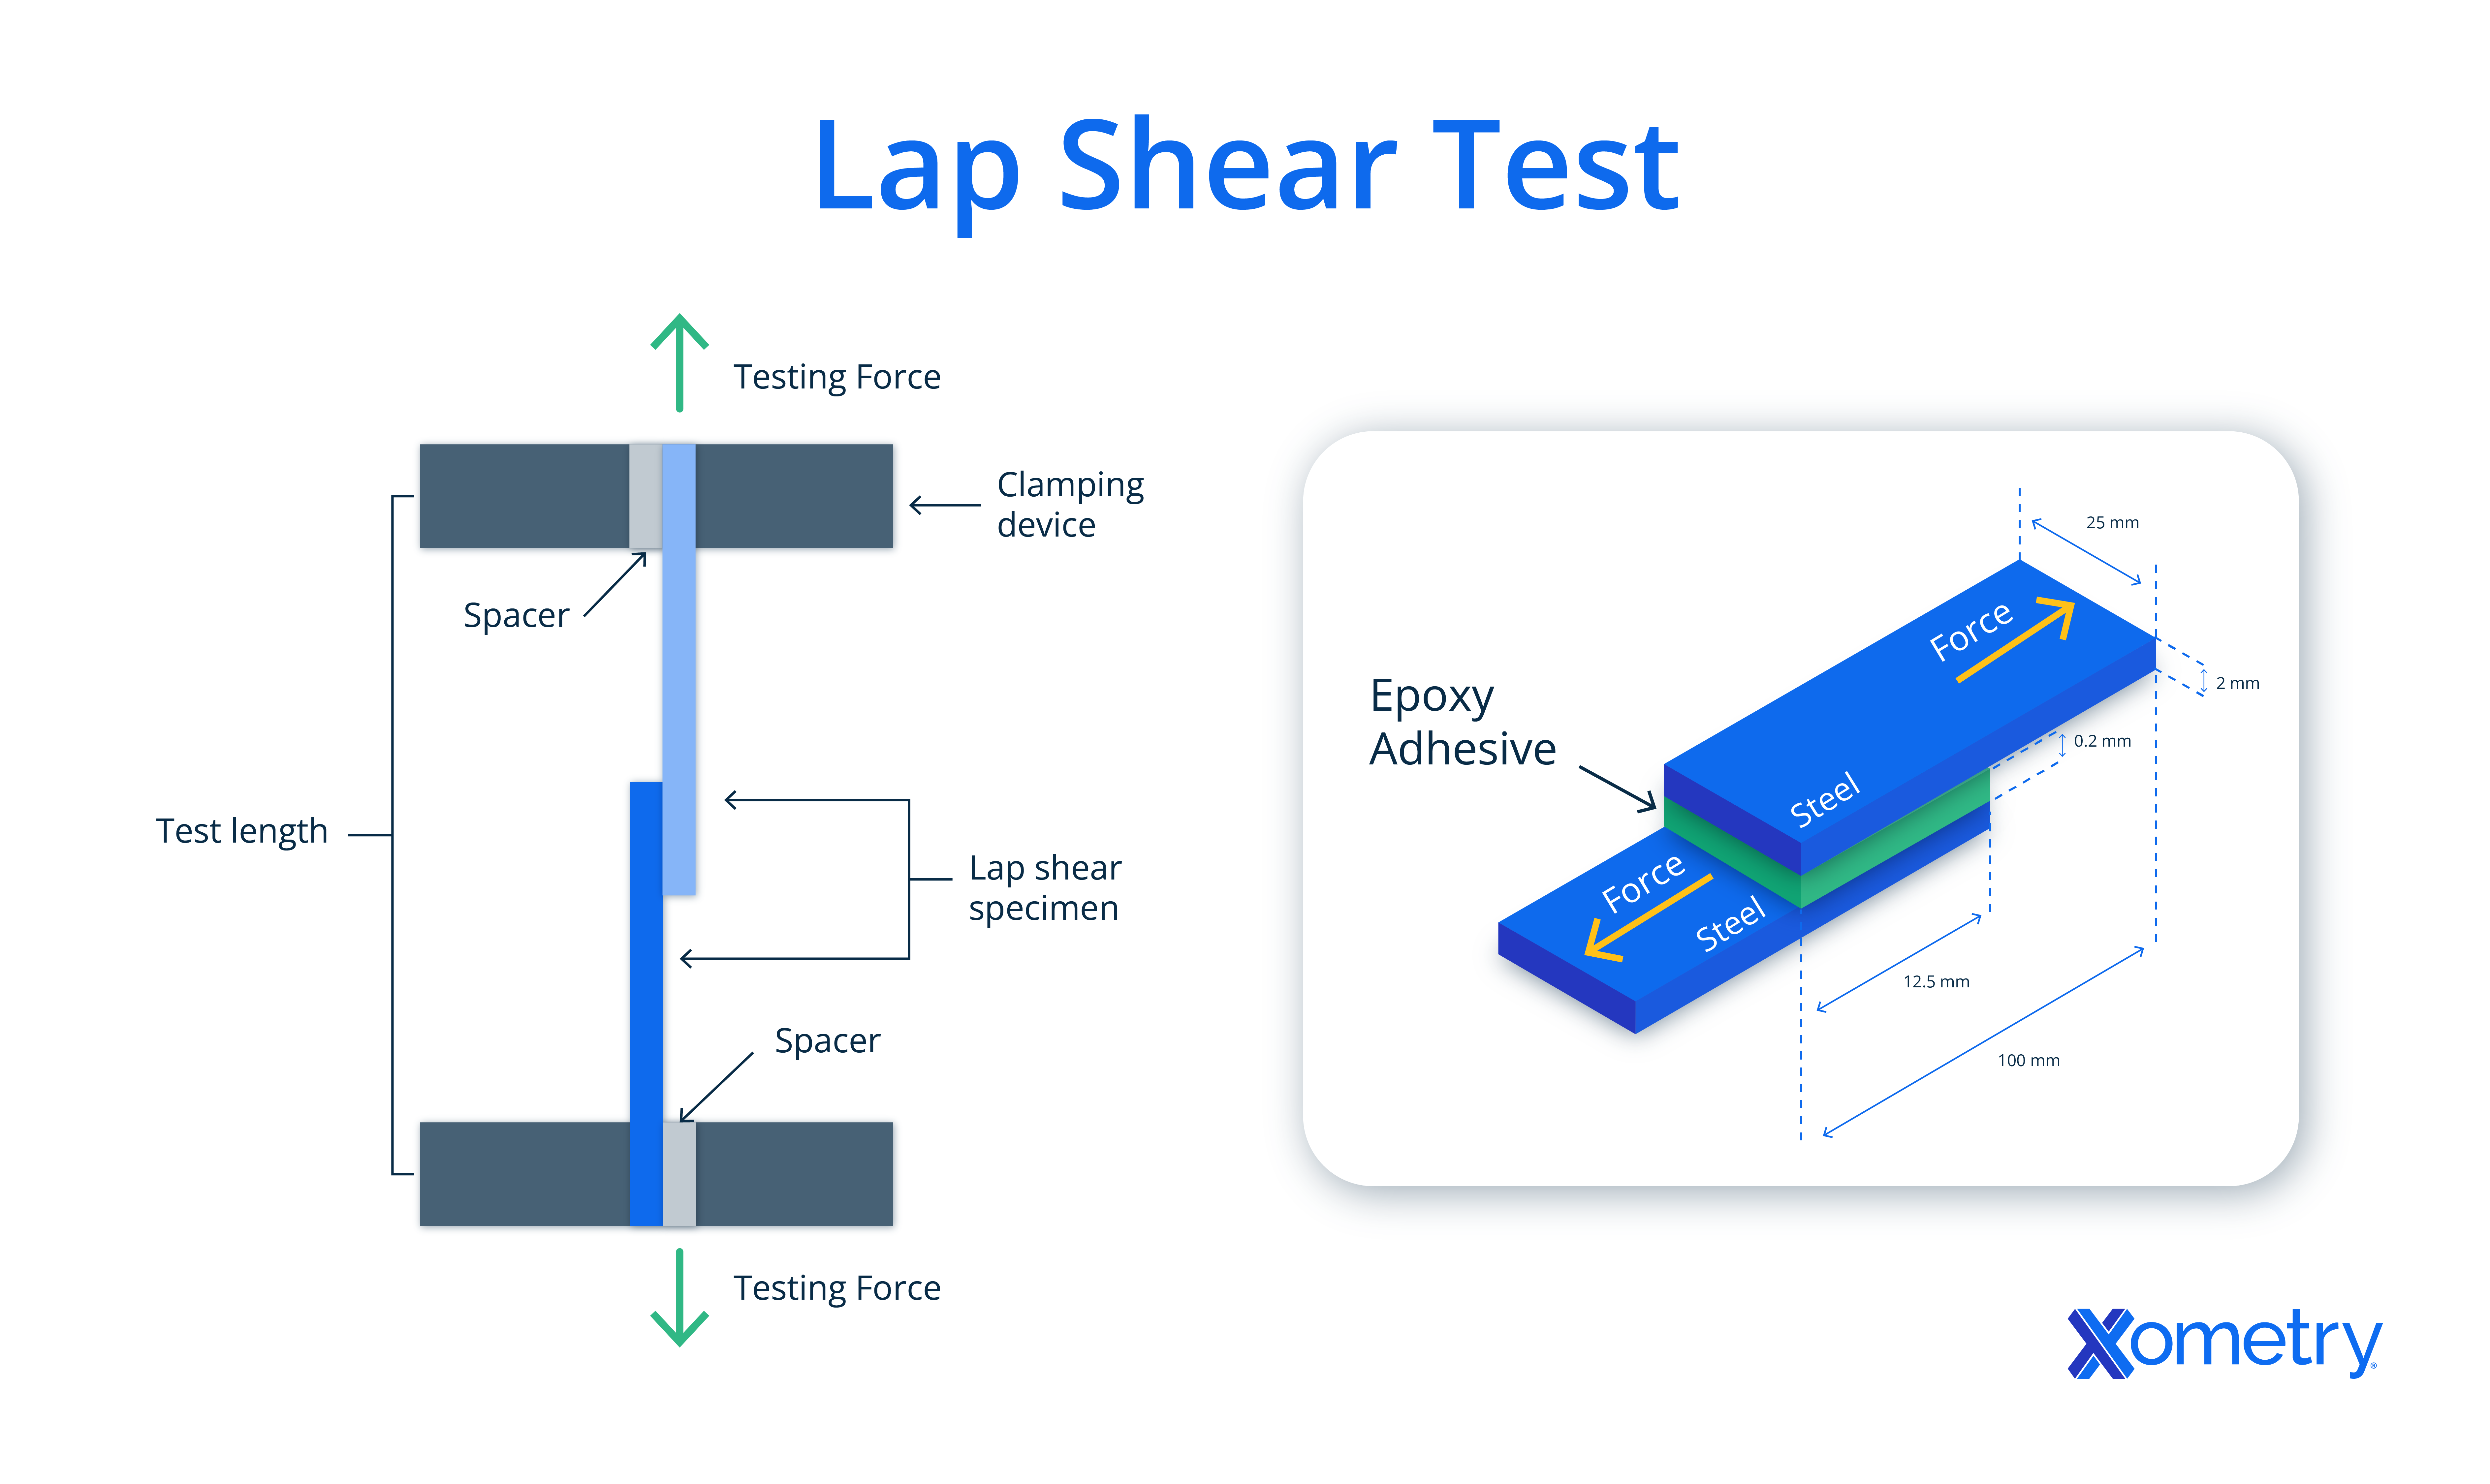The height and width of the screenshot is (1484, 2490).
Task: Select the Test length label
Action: [x=242, y=831]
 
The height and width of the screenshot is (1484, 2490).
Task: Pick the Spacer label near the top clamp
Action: [x=516, y=615]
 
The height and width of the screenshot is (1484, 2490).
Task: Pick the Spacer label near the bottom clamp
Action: [x=827, y=1041]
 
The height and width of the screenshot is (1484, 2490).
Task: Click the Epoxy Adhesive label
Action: [x=1462, y=722]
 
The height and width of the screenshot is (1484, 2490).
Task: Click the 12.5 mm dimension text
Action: [x=1936, y=982]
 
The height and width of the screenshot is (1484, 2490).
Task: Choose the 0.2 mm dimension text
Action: [x=2102, y=741]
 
